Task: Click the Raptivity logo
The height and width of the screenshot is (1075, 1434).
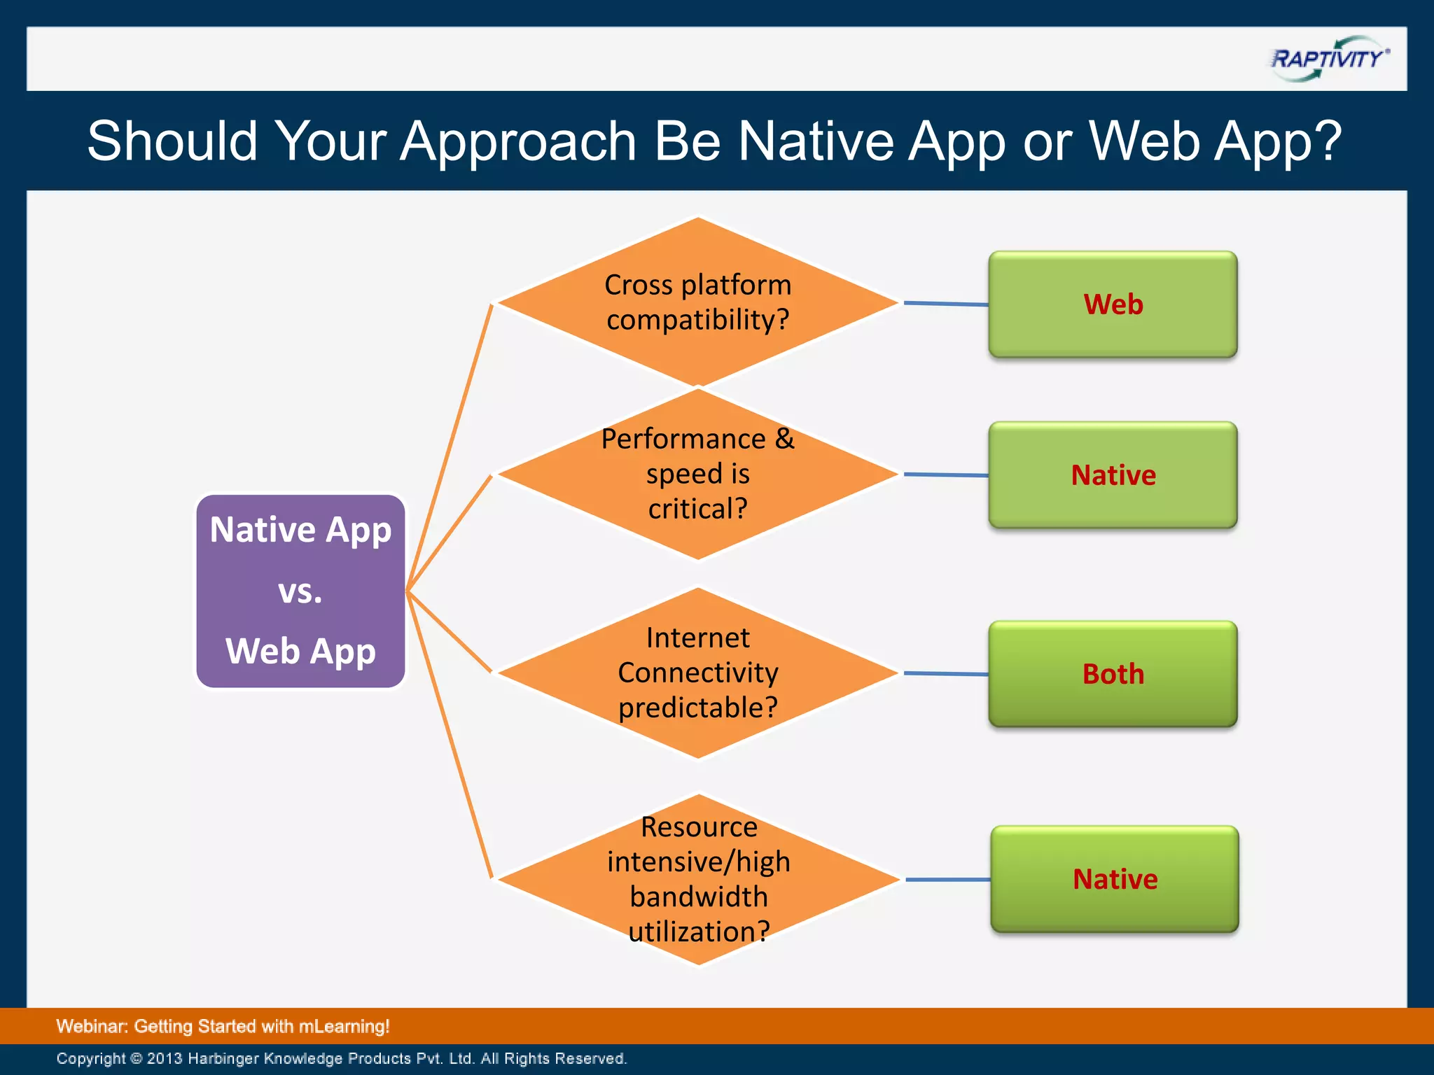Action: click(1328, 59)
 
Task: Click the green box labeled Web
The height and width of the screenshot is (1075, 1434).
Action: click(1113, 304)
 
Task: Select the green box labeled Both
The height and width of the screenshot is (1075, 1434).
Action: click(1113, 674)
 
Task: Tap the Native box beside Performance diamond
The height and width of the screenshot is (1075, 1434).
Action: click(1113, 475)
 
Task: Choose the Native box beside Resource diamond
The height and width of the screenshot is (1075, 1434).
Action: click(1115, 879)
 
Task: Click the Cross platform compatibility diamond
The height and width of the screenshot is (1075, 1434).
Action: click(697, 302)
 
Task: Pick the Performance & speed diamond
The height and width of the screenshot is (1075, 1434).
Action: click(697, 474)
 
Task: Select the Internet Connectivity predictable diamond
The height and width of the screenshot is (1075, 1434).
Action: click(697, 673)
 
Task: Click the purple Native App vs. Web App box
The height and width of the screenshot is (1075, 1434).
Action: click(300, 591)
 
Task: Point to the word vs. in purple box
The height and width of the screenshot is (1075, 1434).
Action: click(300, 592)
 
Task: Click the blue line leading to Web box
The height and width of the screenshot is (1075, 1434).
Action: click(945, 304)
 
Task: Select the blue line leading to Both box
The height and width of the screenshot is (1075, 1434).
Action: click(945, 673)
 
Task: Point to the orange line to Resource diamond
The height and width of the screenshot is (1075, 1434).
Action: click(449, 735)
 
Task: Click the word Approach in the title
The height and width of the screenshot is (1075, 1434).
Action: click(517, 142)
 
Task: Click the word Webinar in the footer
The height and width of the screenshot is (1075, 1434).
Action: click(91, 1026)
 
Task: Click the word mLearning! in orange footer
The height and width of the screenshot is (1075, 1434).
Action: click(344, 1026)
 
